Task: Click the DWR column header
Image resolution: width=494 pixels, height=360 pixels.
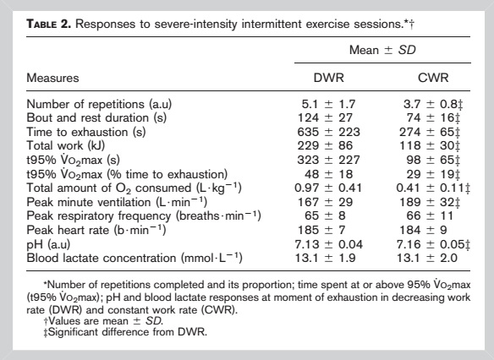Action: point(328,78)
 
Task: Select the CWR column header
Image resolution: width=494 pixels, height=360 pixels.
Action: point(433,78)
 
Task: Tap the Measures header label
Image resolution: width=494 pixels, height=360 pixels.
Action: point(52,78)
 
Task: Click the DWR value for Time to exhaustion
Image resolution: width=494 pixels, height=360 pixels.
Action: point(328,132)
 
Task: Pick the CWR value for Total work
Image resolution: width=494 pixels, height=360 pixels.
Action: point(430,145)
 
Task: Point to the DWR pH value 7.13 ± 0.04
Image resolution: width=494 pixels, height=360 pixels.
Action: point(328,244)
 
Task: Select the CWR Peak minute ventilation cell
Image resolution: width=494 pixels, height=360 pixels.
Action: point(430,202)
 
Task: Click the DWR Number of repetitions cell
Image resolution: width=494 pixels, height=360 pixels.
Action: point(328,104)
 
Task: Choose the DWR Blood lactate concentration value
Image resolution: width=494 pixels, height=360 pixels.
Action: point(325,258)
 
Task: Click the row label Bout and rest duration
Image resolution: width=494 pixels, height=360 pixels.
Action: point(96,117)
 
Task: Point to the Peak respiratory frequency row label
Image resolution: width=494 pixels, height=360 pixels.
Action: point(144,215)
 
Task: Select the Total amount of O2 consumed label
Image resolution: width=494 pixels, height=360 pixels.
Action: point(134,188)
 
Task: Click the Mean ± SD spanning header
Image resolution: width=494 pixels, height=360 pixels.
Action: point(382,50)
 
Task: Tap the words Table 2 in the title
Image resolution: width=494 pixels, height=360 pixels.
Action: point(49,24)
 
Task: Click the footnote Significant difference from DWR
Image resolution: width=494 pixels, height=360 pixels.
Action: point(125,332)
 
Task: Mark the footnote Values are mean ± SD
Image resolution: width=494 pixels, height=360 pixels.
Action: point(103,321)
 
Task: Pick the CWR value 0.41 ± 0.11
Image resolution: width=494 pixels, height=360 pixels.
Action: point(433,188)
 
